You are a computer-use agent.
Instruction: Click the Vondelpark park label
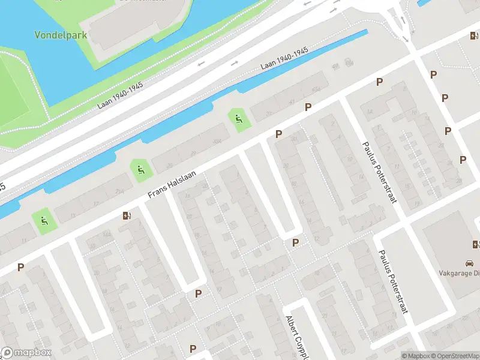[60, 35]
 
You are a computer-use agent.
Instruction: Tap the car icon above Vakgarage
[469, 263]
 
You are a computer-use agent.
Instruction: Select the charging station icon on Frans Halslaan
[126, 215]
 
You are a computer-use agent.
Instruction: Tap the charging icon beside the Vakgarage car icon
[476, 244]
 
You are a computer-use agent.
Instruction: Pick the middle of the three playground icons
[140, 170]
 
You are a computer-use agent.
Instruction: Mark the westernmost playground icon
[44, 221]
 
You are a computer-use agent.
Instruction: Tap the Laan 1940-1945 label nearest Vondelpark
[120, 95]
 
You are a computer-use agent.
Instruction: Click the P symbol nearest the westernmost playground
[21, 267]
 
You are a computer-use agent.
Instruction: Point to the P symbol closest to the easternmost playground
[278, 134]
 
